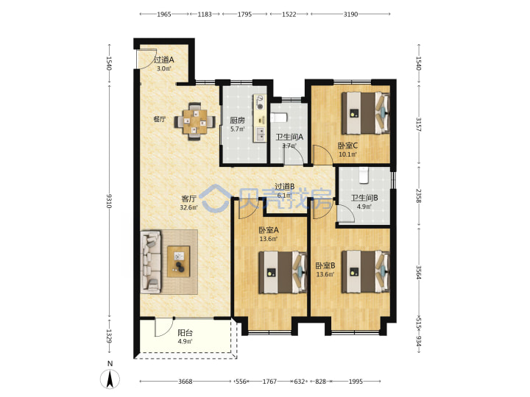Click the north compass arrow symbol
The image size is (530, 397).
point(110,379)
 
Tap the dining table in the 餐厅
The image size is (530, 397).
point(194,121)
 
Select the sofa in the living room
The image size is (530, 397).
point(150,262)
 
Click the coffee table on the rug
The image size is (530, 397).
point(179,262)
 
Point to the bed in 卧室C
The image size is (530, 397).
point(365,113)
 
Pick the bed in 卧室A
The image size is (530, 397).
point(283,273)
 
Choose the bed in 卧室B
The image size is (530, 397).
point(365,272)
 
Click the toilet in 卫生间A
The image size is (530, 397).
point(278,118)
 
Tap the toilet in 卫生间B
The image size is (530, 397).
point(364,175)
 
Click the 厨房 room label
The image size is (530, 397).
point(237,120)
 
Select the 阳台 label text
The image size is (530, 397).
point(185,332)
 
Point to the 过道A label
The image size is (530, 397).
point(164,60)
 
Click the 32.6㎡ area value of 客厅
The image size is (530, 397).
point(188,207)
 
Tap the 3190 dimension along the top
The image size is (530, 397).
point(350,14)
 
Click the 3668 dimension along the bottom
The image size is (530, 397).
point(185,382)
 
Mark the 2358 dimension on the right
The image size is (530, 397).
point(418,196)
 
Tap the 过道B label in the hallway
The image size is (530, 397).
point(285,186)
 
